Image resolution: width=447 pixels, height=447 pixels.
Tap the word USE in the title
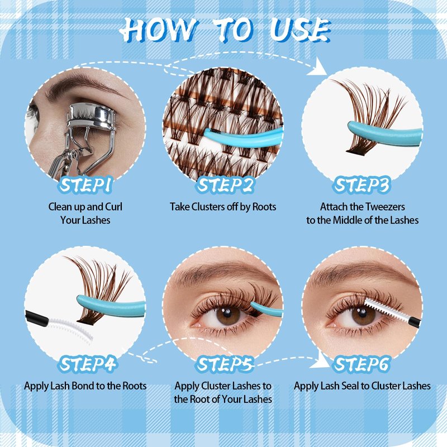coord(300,30)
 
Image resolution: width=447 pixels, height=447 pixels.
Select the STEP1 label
coord(85,185)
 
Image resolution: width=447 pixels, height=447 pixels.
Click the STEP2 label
coord(225,185)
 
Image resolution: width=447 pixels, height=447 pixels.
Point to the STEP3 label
coord(362,185)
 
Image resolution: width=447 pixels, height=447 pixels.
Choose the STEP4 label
coord(88,364)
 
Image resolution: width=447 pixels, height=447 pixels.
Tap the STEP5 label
coord(225,364)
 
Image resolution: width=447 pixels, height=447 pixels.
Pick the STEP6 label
coord(362,364)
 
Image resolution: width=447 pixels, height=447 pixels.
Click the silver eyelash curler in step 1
coord(85,134)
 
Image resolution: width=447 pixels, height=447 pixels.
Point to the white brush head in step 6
coord(385,310)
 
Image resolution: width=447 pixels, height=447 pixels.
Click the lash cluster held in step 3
coord(370,114)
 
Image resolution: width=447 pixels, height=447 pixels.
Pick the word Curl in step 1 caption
coord(114,207)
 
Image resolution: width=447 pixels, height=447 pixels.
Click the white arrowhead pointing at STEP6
coord(320,360)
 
